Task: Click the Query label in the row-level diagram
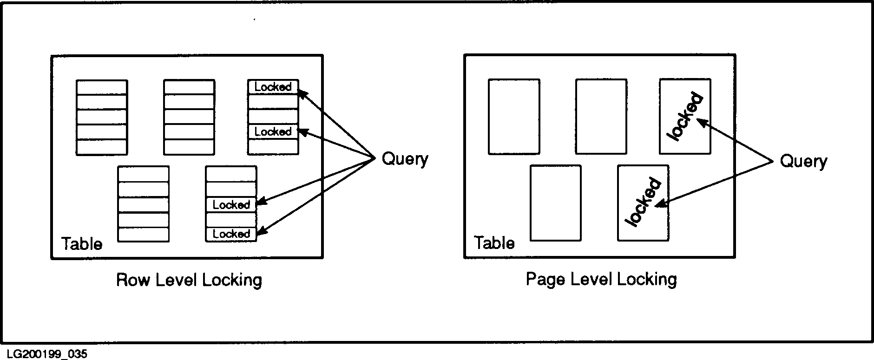pos(404,159)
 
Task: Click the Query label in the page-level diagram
pos(803,161)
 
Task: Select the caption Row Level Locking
pos(189,280)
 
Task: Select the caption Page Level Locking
pos(601,279)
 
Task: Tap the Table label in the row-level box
pos(82,244)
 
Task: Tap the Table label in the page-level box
pos(494,243)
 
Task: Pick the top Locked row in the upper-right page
pos(273,87)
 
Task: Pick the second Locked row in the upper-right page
pos(273,132)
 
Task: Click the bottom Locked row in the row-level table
pos(231,234)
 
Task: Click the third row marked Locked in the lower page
pos(231,205)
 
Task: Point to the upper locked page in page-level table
pos(684,116)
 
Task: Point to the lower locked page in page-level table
pos(643,203)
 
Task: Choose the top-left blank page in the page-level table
pos(513,116)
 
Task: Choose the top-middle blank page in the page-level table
pos(601,116)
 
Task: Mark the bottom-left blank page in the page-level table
pos(555,203)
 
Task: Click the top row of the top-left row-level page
pos(102,87)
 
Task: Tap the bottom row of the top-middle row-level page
pos(189,147)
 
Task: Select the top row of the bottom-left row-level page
pos(143,174)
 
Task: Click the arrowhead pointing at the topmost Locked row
pos(302,93)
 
